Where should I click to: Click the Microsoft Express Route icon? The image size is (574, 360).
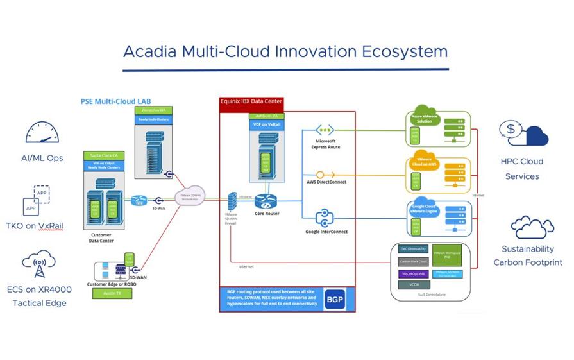point(326,130)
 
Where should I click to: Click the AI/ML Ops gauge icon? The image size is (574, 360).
point(42,133)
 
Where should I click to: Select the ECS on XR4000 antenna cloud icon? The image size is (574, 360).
point(39,264)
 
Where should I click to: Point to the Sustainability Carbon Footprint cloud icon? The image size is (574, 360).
point(527,227)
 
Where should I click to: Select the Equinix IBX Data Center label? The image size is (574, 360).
point(251,101)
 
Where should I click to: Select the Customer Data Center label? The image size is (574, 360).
point(101,237)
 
